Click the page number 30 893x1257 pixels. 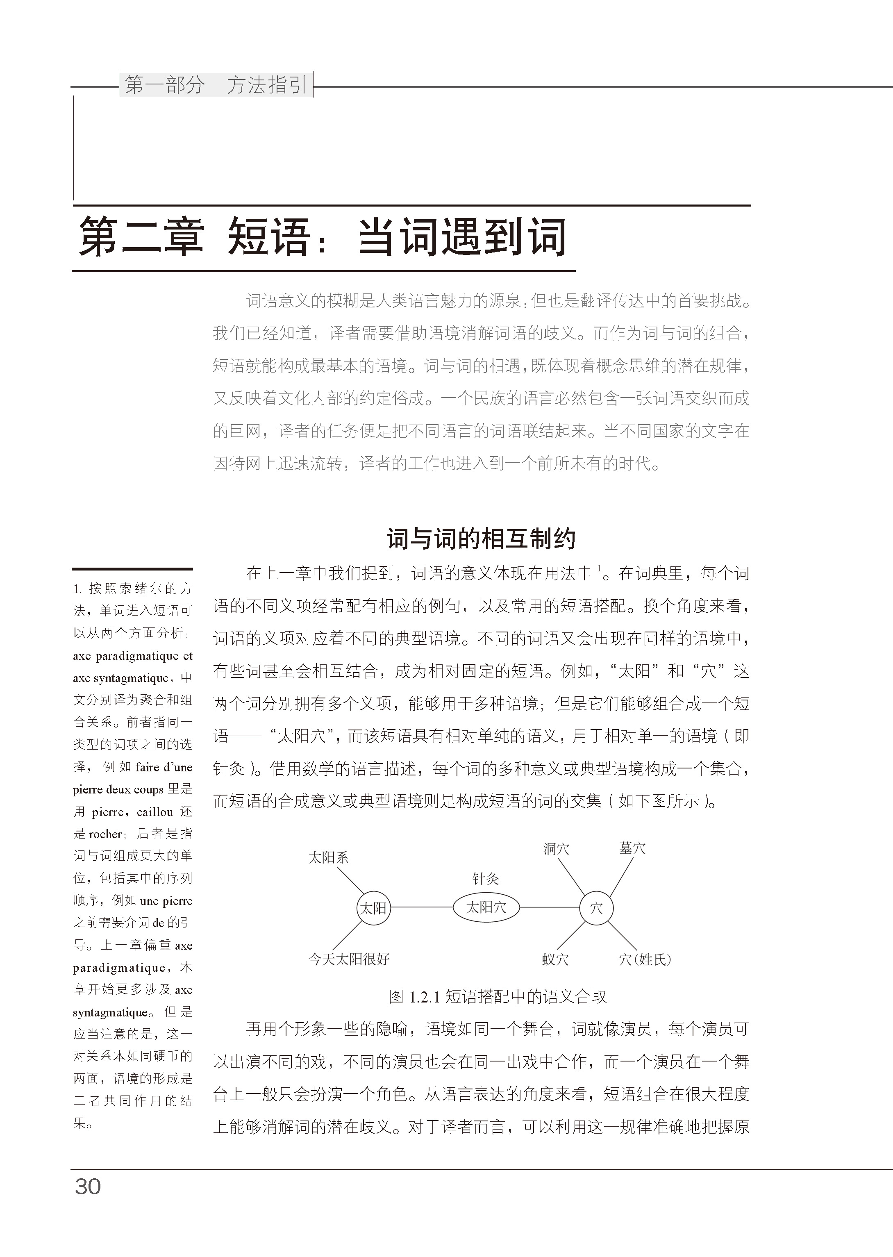click(88, 1187)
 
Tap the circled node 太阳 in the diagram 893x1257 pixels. click(373, 908)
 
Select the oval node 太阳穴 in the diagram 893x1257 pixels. click(486, 907)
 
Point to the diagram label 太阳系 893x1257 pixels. click(328, 857)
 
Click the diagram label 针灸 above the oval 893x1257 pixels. click(486, 879)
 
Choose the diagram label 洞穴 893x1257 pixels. click(556, 849)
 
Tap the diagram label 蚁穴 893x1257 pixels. click(555, 959)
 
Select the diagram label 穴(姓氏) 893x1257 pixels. click(645, 959)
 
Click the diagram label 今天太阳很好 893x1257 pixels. click(349, 959)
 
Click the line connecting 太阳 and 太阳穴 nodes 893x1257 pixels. click(421, 907)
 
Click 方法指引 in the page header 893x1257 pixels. click(267, 85)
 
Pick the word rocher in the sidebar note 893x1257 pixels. click(105, 834)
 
